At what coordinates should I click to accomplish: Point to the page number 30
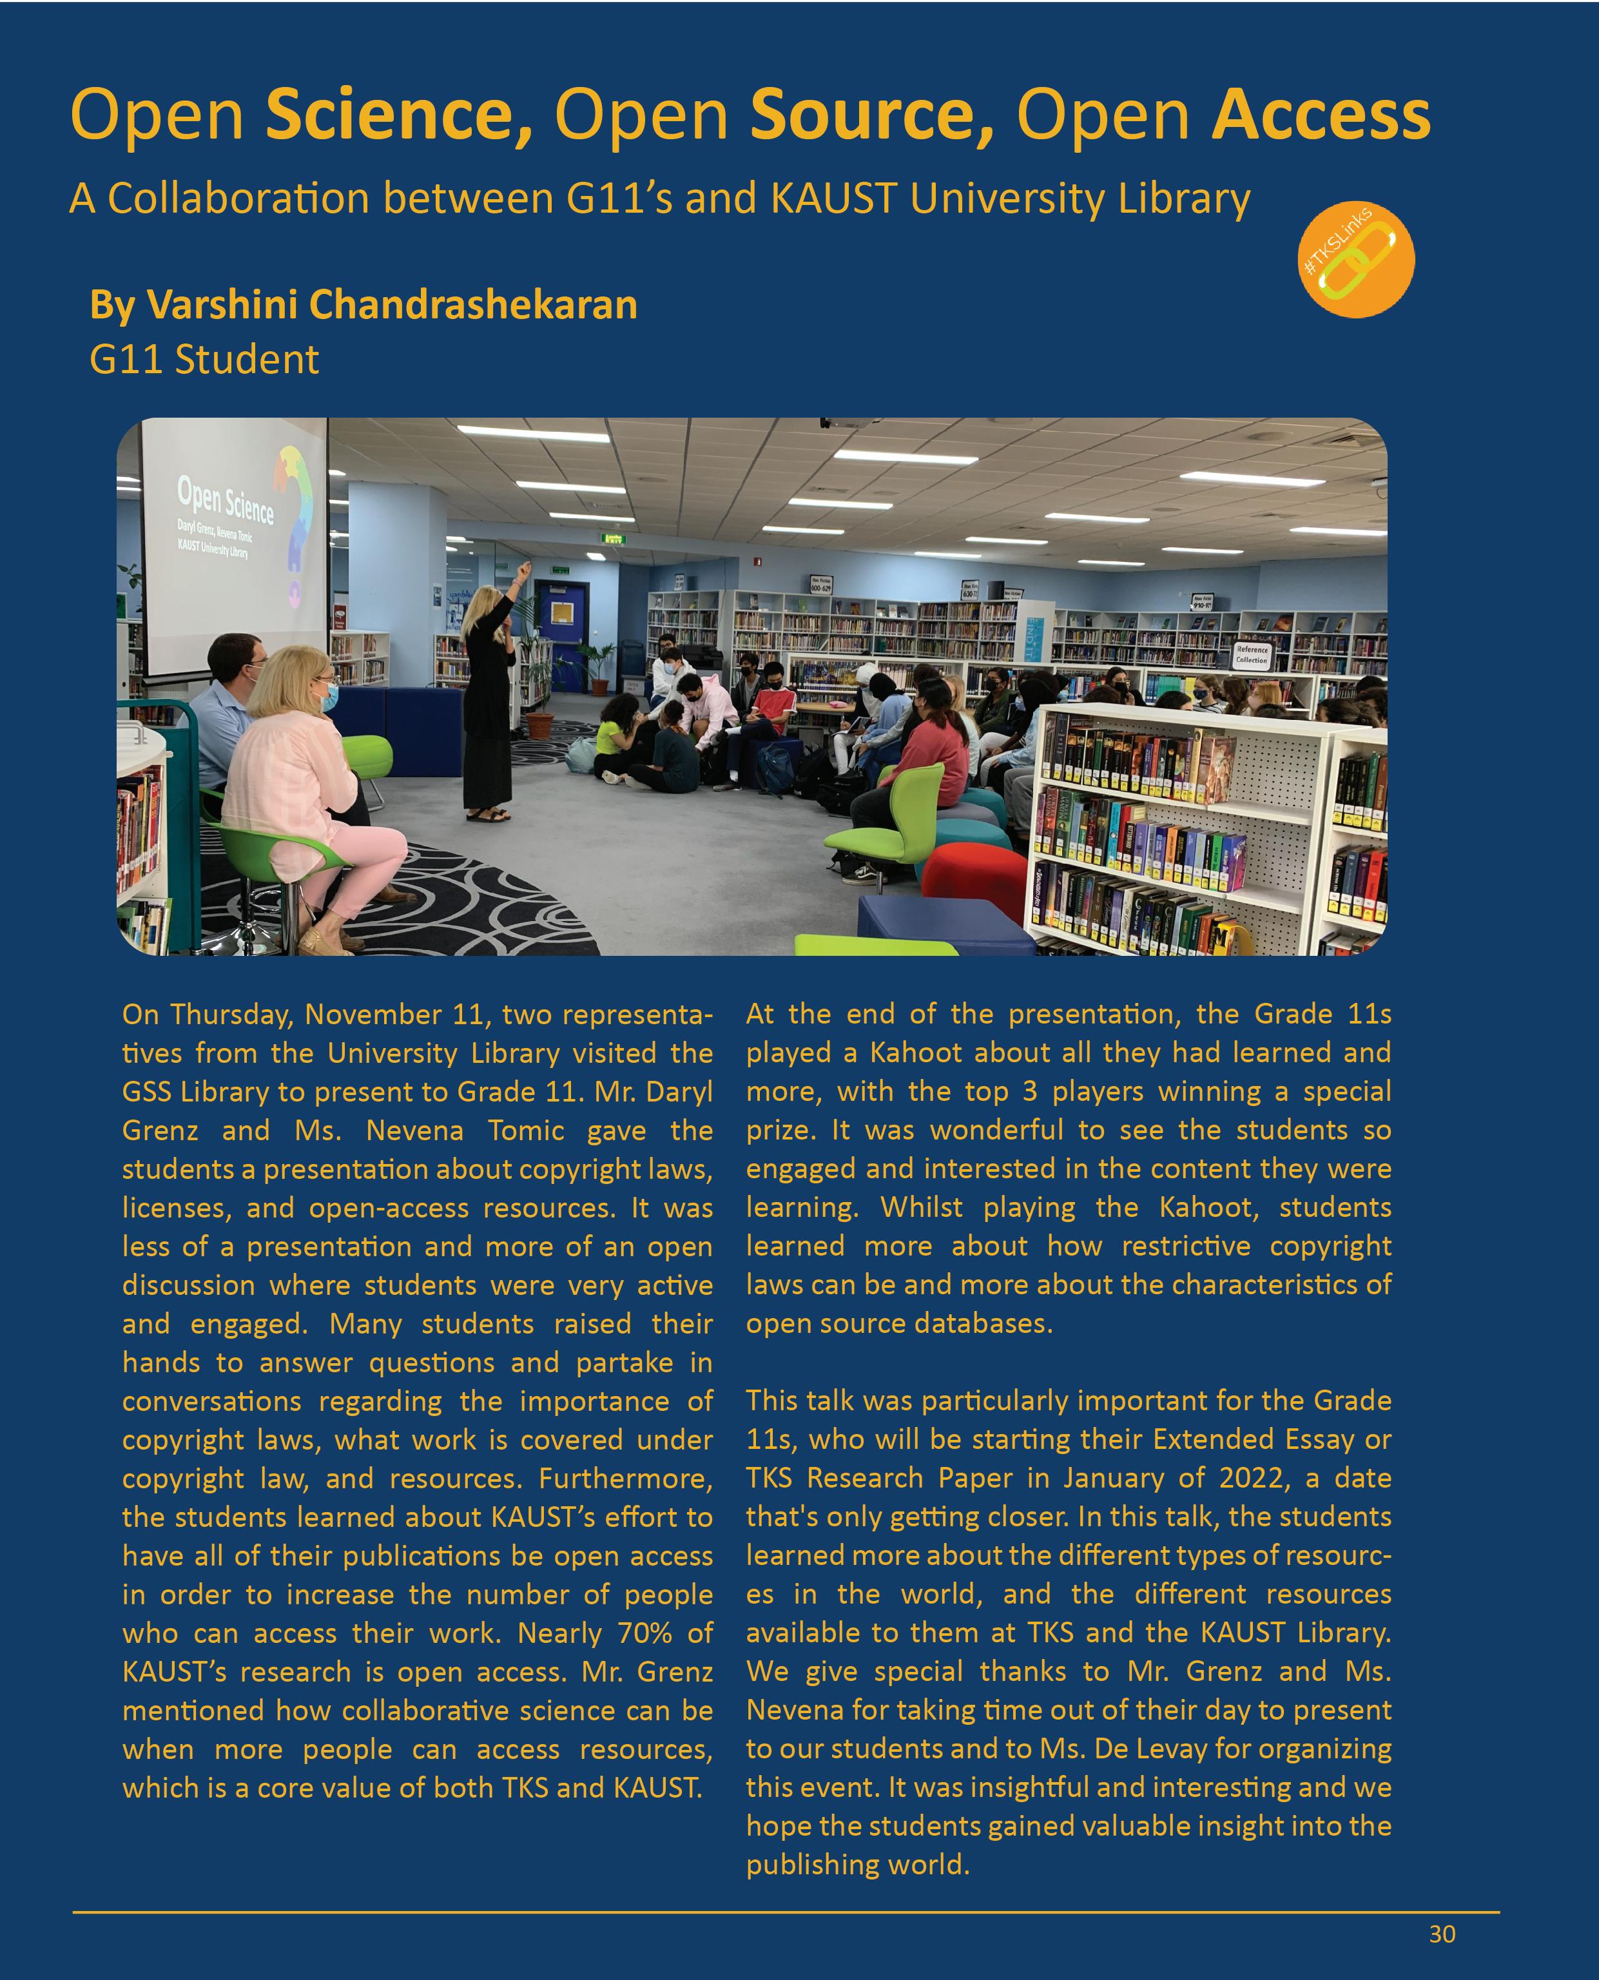(x=1442, y=1934)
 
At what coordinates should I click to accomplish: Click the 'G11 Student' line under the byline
(x=204, y=359)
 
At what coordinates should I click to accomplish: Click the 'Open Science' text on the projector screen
(x=225, y=502)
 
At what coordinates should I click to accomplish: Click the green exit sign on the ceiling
(x=614, y=539)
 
